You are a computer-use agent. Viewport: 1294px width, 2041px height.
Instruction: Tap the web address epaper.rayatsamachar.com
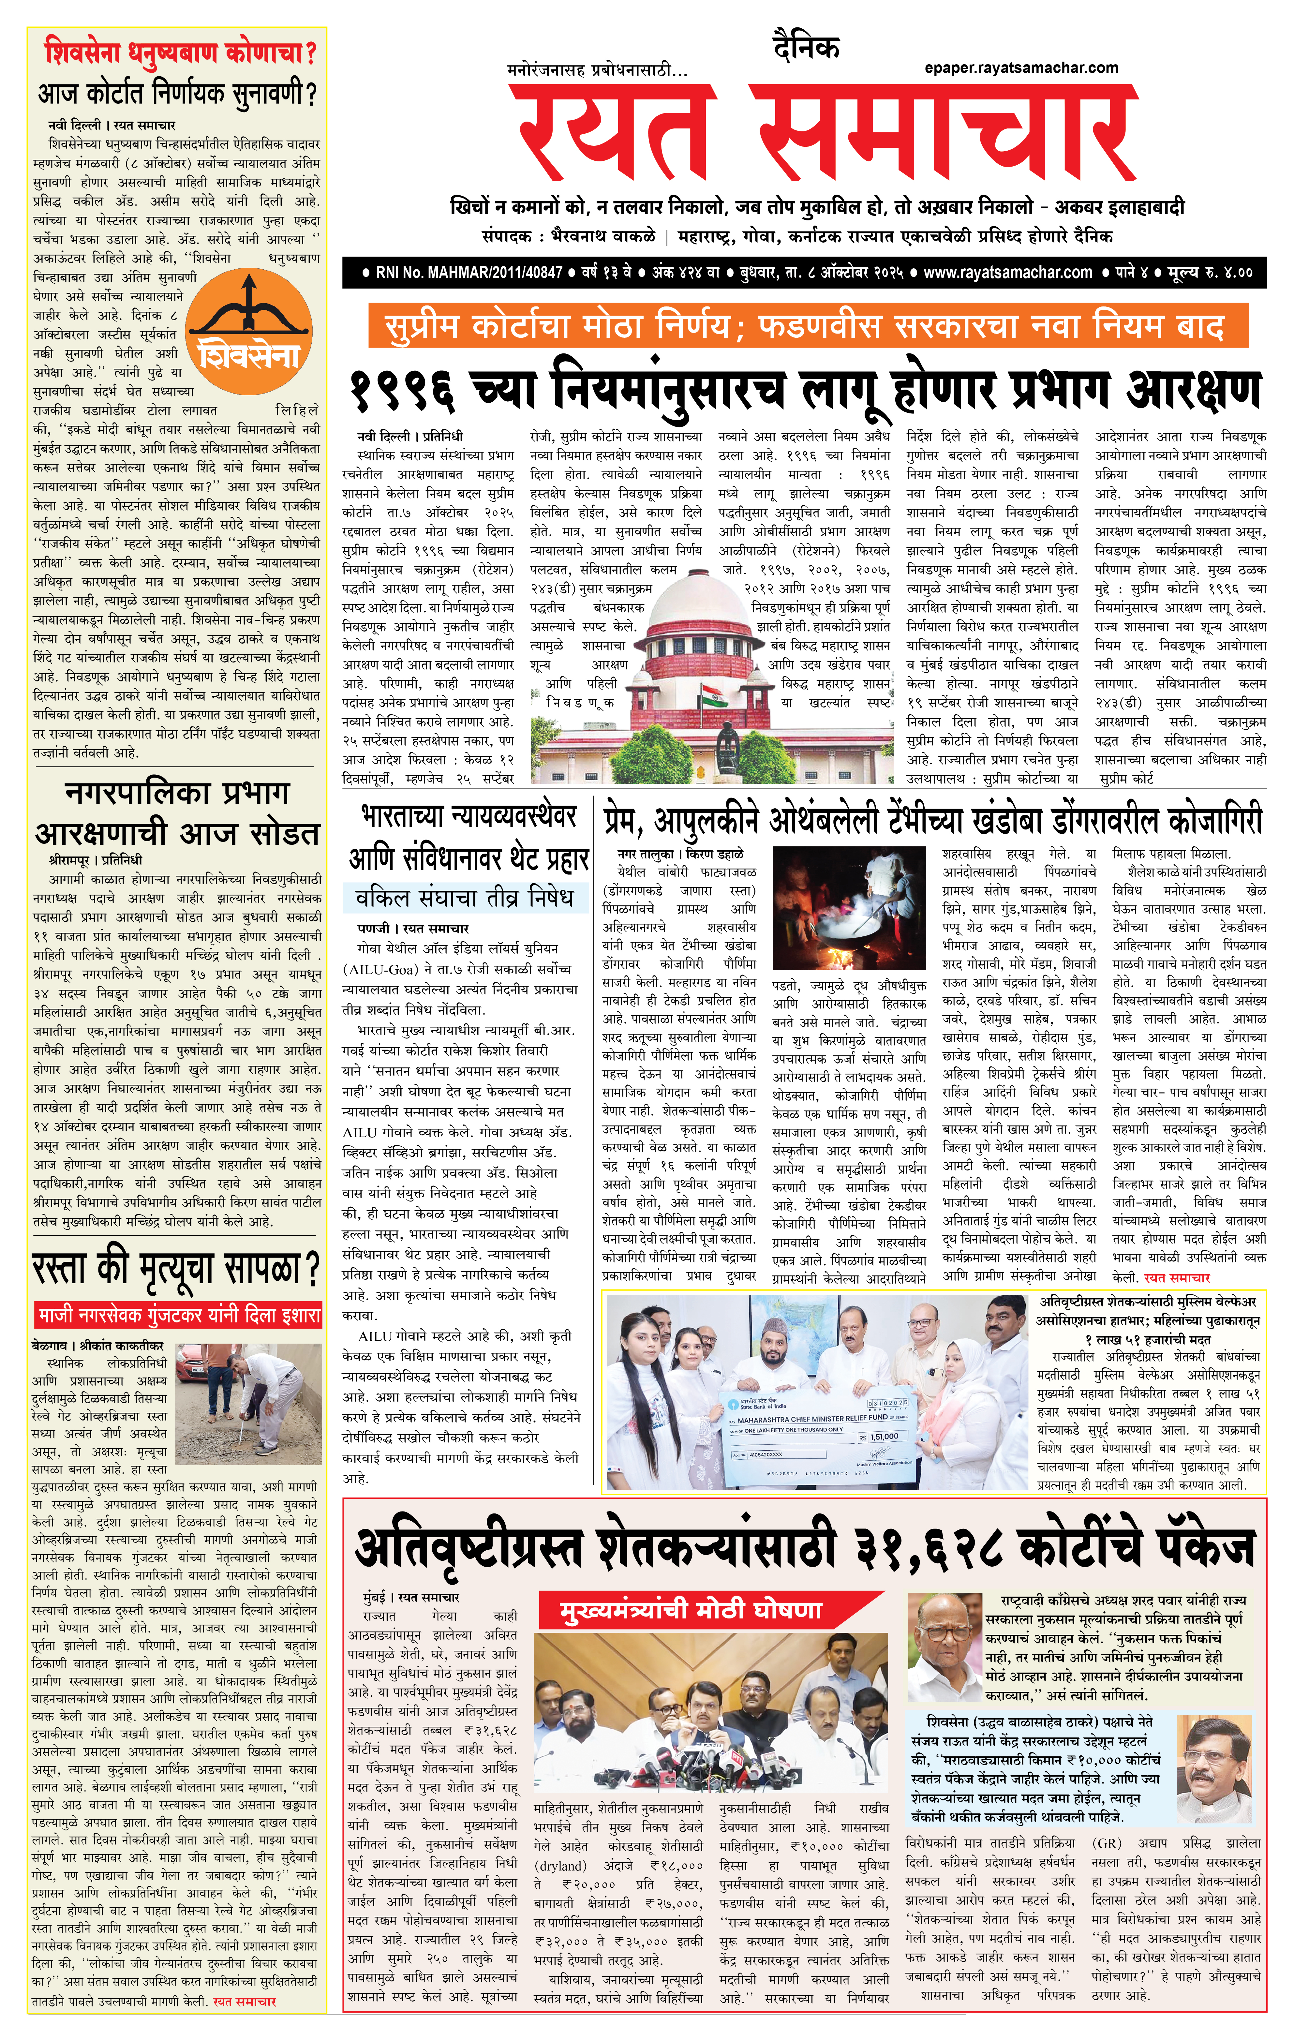coord(1021,68)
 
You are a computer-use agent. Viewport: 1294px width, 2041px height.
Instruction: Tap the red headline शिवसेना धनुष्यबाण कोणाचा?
coord(180,52)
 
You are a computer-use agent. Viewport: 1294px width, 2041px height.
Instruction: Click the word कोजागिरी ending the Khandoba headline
coord(1213,820)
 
